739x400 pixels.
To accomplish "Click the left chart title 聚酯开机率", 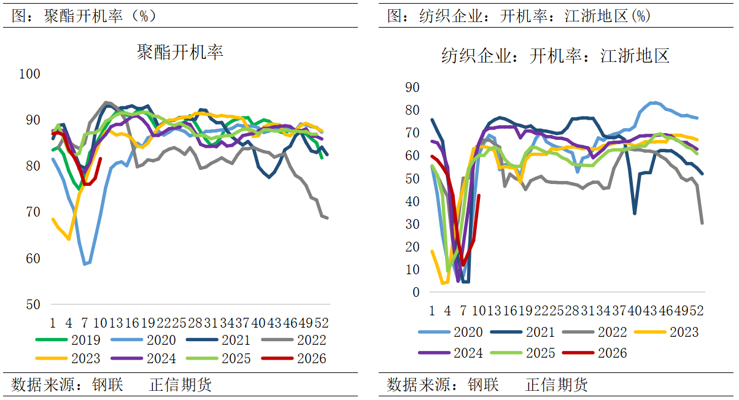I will click(x=180, y=52).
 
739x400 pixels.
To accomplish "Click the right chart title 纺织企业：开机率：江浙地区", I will click(x=555, y=56).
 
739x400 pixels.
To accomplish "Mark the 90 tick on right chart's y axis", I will click(x=412, y=88).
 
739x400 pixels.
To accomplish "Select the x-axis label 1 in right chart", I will click(x=431, y=310).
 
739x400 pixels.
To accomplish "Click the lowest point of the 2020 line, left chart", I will click(x=85, y=264).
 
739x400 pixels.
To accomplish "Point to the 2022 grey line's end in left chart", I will click(x=327, y=218).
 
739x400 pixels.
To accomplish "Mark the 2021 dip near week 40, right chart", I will click(x=634, y=213).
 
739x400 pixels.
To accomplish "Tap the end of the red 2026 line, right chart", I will click(x=479, y=196).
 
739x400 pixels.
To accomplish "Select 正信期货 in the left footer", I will click(x=180, y=385).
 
